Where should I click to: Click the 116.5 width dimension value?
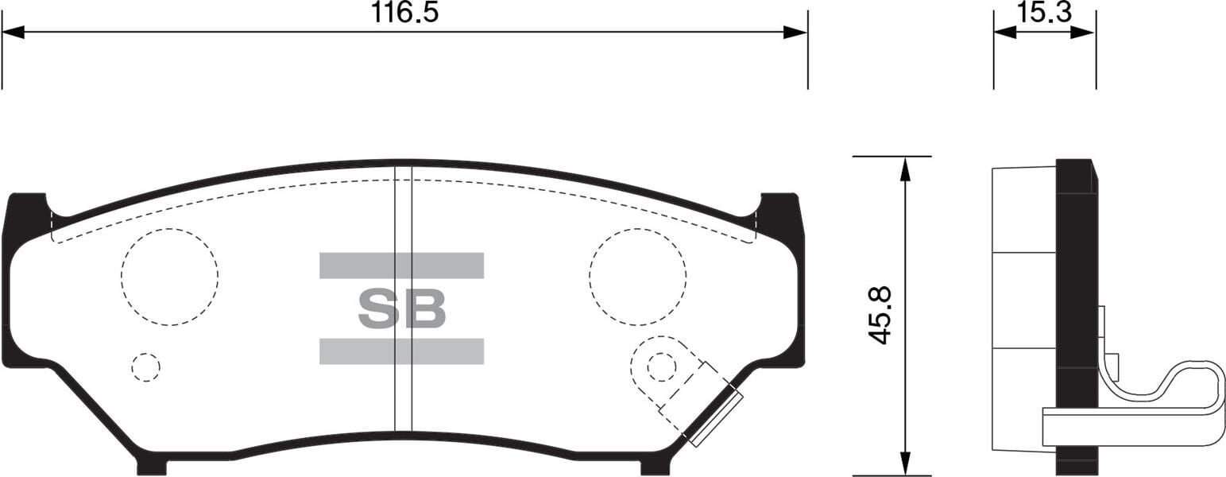[x=404, y=13]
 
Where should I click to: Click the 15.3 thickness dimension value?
[x=1044, y=12]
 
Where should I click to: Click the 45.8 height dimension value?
[x=880, y=315]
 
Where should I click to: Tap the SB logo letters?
[x=401, y=308]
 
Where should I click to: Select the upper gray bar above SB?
[x=401, y=266]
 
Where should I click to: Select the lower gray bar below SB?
[x=401, y=351]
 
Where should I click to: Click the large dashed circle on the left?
[x=169, y=277]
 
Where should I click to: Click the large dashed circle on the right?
[x=637, y=277]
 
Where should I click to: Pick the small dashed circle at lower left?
[x=145, y=366]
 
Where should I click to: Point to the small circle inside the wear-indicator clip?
[x=661, y=366]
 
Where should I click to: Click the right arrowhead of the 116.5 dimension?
[x=795, y=33]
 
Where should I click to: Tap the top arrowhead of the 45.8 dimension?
[x=904, y=168]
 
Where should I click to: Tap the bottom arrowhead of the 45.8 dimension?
[x=904, y=464]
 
